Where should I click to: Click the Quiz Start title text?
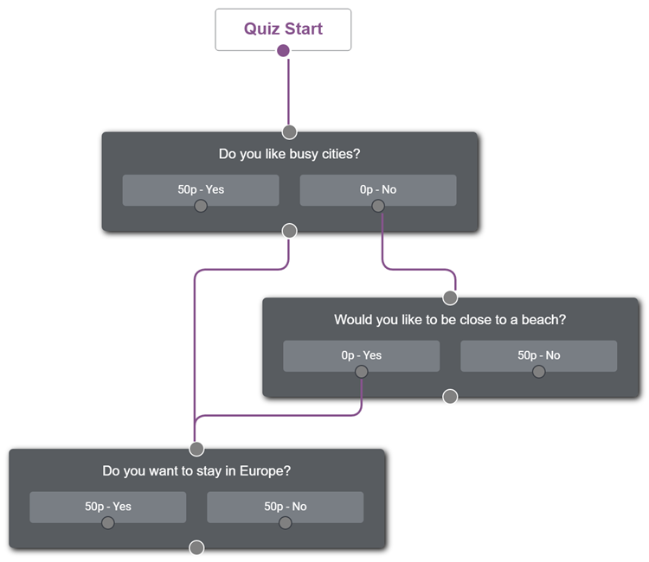[283, 29]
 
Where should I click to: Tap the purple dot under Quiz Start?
[283, 51]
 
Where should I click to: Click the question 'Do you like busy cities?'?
[289, 154]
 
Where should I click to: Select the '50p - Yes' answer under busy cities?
[201, 190]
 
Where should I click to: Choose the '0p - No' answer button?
[378, 190]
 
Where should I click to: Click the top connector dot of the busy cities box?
[289, 132]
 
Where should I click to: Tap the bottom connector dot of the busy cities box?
[289, 231]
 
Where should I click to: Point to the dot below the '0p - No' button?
[378, 206]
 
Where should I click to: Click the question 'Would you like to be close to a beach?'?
[450, 320]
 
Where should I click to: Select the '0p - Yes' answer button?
[362, 355]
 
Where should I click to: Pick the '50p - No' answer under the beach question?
[538, 355]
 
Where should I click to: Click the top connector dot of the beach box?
[450, 297]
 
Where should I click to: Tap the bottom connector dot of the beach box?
[450, 397]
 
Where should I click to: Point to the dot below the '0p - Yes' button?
[362, 372]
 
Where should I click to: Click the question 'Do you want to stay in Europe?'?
[196, 470]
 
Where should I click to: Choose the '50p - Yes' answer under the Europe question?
[108, 507]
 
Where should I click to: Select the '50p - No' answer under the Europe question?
[286, 507]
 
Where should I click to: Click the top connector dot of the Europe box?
[196, 449]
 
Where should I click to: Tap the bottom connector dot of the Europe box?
[196, 548]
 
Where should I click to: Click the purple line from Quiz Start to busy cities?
[288, 92]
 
